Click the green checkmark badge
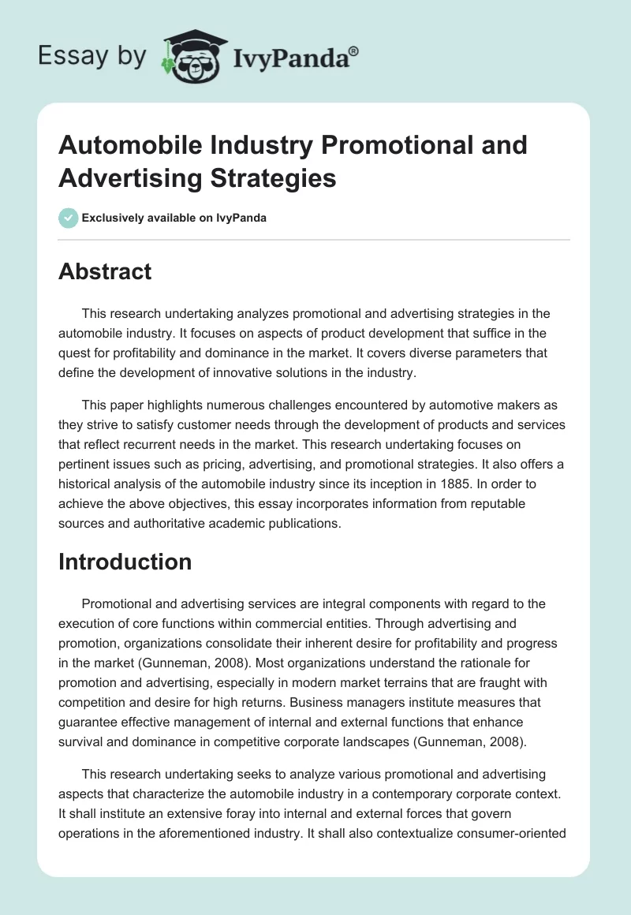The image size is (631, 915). tap(68, 218)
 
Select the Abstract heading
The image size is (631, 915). tap(105, 271)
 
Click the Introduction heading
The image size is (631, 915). tap(125, 562)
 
